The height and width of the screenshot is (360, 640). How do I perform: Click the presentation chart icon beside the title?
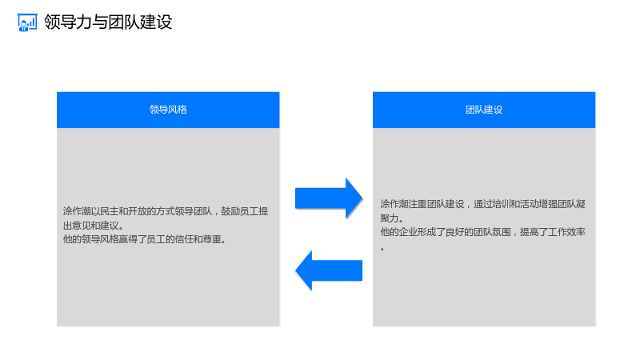27,22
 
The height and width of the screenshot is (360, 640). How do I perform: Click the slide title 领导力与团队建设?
108,22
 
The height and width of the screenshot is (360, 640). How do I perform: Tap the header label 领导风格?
168,110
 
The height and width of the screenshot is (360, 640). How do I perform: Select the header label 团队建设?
484,110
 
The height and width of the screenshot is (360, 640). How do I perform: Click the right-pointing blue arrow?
329,198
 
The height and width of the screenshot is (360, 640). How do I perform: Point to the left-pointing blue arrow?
329,270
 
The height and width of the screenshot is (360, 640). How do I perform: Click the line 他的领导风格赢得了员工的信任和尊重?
145,239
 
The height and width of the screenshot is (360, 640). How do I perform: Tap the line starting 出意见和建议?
94,226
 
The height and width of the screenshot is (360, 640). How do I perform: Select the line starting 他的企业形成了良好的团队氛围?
483,232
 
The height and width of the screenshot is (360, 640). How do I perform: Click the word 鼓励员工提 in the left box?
245,211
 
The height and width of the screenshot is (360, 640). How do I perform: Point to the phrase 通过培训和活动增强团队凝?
530,204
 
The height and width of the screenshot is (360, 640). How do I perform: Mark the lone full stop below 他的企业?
382,249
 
